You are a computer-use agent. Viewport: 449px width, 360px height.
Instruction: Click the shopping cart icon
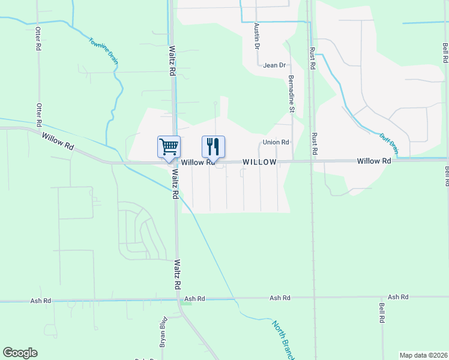pos(169,146)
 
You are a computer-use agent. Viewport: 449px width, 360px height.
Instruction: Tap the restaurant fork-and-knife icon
pos(213,146)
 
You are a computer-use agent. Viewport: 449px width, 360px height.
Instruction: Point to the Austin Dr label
pos(257,36)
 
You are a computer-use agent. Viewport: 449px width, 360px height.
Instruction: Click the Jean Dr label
pos(274,65)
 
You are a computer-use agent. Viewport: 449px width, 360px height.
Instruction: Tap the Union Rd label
pos(276,142)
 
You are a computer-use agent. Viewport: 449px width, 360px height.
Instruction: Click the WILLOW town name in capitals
pos(259,163)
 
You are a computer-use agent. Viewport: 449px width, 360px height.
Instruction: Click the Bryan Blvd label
pos(163,336)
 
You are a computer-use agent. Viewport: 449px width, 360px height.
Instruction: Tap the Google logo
pos(20,353)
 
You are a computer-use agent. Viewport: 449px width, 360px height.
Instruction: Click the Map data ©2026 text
pos(423,355)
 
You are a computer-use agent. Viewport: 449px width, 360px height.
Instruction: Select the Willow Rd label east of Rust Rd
pos(373,161)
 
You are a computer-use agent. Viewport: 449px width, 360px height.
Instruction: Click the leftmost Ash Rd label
pos(194,298)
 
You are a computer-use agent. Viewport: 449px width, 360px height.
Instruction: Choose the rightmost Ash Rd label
pos(397,297)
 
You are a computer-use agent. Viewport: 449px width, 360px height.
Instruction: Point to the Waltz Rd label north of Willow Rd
pos(172,61)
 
